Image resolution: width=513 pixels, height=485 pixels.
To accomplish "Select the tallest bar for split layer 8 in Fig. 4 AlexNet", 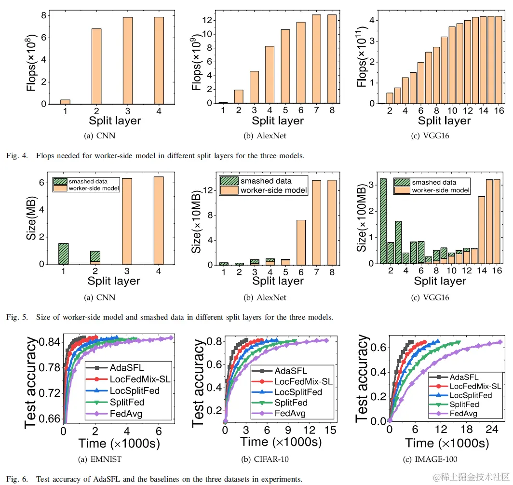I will point(332,59).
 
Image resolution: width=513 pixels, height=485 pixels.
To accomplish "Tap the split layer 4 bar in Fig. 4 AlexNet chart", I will point(270,75).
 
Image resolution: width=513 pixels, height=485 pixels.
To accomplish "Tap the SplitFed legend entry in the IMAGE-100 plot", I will point(464,404).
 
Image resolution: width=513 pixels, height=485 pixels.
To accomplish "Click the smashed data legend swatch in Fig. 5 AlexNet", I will point(229,181).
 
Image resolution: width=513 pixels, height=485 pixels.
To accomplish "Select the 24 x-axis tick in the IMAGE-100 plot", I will point(492,430).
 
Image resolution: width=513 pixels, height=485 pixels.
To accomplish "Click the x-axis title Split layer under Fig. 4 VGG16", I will point(444,120).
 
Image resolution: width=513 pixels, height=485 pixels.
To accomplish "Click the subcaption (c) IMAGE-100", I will point(430,459).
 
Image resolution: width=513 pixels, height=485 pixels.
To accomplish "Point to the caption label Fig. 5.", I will point(13,318).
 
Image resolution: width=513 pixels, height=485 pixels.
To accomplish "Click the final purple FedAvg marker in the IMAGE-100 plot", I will point(499,342).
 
